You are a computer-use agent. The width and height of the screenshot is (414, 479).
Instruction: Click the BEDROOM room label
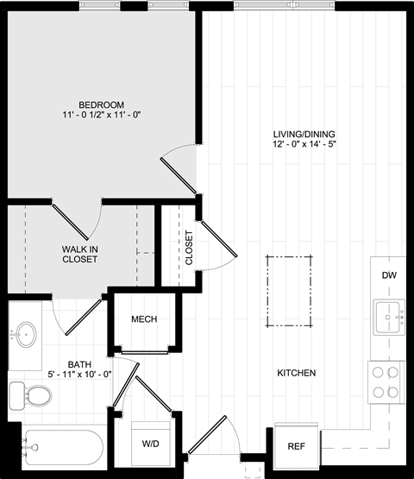pyautogui.click(x=102, y=104)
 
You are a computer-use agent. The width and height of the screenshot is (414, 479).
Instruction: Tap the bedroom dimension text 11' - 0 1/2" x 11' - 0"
pyautogui.click(x=102, y=115)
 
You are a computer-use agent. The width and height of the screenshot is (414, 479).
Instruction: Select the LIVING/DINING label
pyautogui.click(x=304, y=134)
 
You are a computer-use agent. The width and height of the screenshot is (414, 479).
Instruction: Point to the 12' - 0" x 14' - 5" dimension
pyautogui.click(x=304, y=144)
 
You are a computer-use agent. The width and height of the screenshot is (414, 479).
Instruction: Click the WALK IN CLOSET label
pyautogui.click(x=80, y=254)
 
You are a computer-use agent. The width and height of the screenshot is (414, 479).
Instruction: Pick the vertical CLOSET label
pyautogui.click(x=189, y=248)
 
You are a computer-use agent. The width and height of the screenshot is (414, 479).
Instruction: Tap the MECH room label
pyautogui.click(x=144, y=319)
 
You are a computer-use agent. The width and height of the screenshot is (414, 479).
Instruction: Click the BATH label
pyautogui.click(x=79, y=364)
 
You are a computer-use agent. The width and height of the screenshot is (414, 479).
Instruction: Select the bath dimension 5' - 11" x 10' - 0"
pyautogui.click(x=79, y=375)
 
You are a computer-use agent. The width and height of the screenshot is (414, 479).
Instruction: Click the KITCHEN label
pyautogui.click(x=297, y=373)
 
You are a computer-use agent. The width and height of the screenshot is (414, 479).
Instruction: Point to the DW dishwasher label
pyautogui.click(x=389, y=275)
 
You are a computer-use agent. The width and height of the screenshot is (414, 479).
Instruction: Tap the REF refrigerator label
pyautogui.click(x=296, y=446)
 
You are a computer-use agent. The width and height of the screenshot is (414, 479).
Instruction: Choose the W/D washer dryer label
pyautogui.click(x=151, y=444)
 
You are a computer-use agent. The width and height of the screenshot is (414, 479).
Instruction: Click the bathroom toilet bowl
pyautogui.click(x=39, y=396)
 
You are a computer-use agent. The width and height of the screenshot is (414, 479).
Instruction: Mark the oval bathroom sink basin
pyautogui.click(x=26, y=334)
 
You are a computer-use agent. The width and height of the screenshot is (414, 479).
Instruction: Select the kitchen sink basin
pyautogui.click(x=387, y=317)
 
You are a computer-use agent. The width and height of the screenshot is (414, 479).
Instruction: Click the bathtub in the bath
pyautogui.click(x=65, y=448)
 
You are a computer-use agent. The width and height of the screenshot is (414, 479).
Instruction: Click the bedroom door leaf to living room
pyautogui.click(x=179, y=176)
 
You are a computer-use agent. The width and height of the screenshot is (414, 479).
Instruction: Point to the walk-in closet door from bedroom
pyautogui.click(x=70, y=222)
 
